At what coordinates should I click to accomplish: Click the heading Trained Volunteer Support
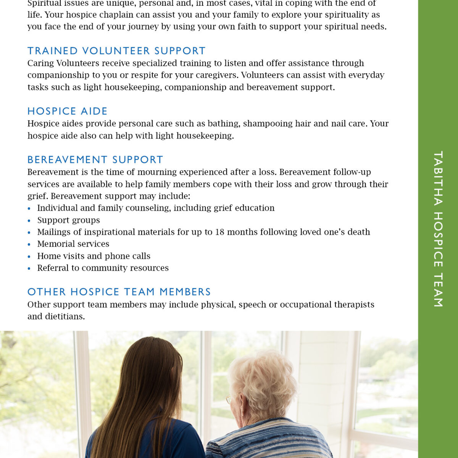(116, 51)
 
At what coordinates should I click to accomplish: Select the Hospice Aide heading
(68, 111)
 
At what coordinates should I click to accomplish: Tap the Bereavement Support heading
(95, 160)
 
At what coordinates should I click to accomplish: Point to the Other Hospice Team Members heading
(119, 292)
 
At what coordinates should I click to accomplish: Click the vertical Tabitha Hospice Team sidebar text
(438, 229)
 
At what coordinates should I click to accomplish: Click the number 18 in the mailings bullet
(219, 232)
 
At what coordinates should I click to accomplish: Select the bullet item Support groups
(68, 220)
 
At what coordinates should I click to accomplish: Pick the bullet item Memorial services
(73, 244)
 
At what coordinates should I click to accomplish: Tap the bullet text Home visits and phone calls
(94, 256)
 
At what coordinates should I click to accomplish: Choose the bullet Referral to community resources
(103, 268)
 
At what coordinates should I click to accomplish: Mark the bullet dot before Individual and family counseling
(29, 209)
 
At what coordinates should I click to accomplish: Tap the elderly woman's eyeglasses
(229, 399)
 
